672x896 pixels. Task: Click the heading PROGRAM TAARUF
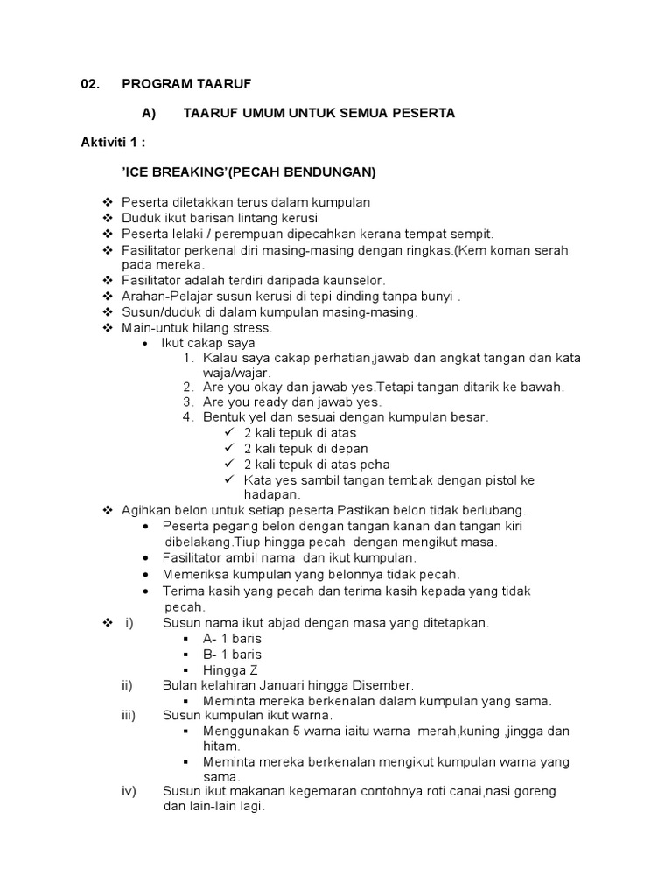click(186, 83)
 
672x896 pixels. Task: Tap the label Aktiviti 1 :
click(113, 143)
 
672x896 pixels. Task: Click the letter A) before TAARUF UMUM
click(148, 113)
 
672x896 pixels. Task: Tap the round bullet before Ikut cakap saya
click(146, 344)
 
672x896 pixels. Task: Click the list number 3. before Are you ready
click(187, 402)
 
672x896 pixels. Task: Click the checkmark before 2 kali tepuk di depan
click(229, 449)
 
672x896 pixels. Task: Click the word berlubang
click(496, 510)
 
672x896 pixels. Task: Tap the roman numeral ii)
click(128, 685)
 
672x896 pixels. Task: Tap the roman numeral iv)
click(129, 791)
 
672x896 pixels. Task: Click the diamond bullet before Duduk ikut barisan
click(108, 218)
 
